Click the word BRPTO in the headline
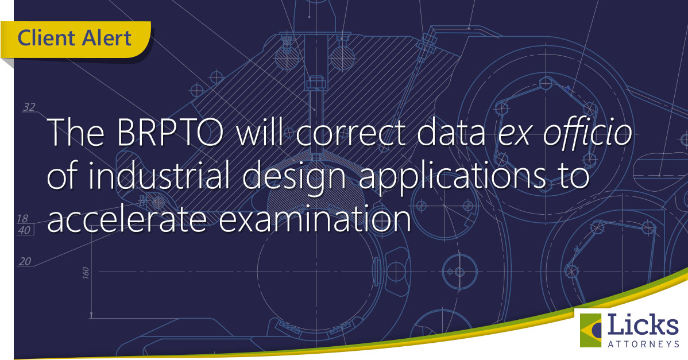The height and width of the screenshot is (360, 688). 170,133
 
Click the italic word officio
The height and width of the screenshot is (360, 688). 588,133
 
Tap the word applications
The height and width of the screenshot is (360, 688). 452,179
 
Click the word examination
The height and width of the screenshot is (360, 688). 315,218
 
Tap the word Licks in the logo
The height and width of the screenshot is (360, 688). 643,325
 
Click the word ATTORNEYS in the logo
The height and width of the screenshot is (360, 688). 643,344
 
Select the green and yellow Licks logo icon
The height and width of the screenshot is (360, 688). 590,330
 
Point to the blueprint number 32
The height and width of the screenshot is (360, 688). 29,107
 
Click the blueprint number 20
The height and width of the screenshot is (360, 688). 25,261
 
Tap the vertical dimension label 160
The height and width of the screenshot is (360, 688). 86,272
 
